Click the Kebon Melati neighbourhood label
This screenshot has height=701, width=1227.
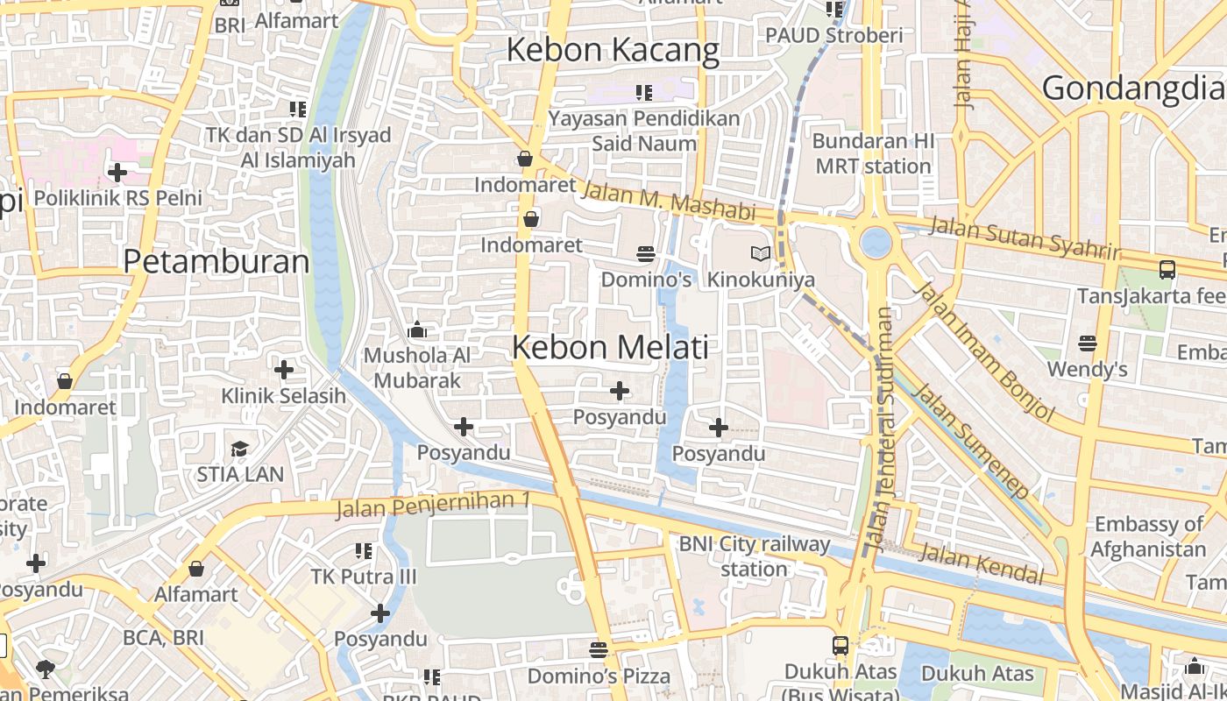pyautogui.click(x=610, y=347)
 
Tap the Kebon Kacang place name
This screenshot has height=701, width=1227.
pyautogui.click(x=613, y=50)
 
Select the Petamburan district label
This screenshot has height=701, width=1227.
pyautogui.click(x=216, y=261)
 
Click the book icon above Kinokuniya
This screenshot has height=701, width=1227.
pyautogui.click(x=761, y=254)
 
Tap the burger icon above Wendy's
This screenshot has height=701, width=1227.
pyautogui.click(x=1088, y=343)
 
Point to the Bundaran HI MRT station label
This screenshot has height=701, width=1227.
pyautogui.click(x=873, y=153)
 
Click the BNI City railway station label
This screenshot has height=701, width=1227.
pyautogui.click(x=754, y=556)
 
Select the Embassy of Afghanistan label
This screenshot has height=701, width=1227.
pyautogui.click(x=1148, y=537)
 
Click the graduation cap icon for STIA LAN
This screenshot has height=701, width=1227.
pyautogui.click(x=239, y=450)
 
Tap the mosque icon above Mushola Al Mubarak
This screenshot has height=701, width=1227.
pyautogui.click(x=417, y=330)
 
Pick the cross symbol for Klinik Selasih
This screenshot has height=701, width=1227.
pyautogui.click(x=283, y=370)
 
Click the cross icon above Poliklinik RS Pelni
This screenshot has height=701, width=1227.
pyautogui.click(x=117, y=173)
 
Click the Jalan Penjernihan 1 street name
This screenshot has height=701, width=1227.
pyautogui.click(x=433, y=505)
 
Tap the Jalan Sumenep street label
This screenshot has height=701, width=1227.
pyautogui.click(x=970, y=441)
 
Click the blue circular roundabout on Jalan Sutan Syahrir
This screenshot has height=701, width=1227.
pyautogui.click(x=876, y=242)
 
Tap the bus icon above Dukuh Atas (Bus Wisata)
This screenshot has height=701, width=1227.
pyautogui.click(x=840, y=646)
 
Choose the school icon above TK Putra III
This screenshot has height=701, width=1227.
pyautogui.click(x=364, y=551)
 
